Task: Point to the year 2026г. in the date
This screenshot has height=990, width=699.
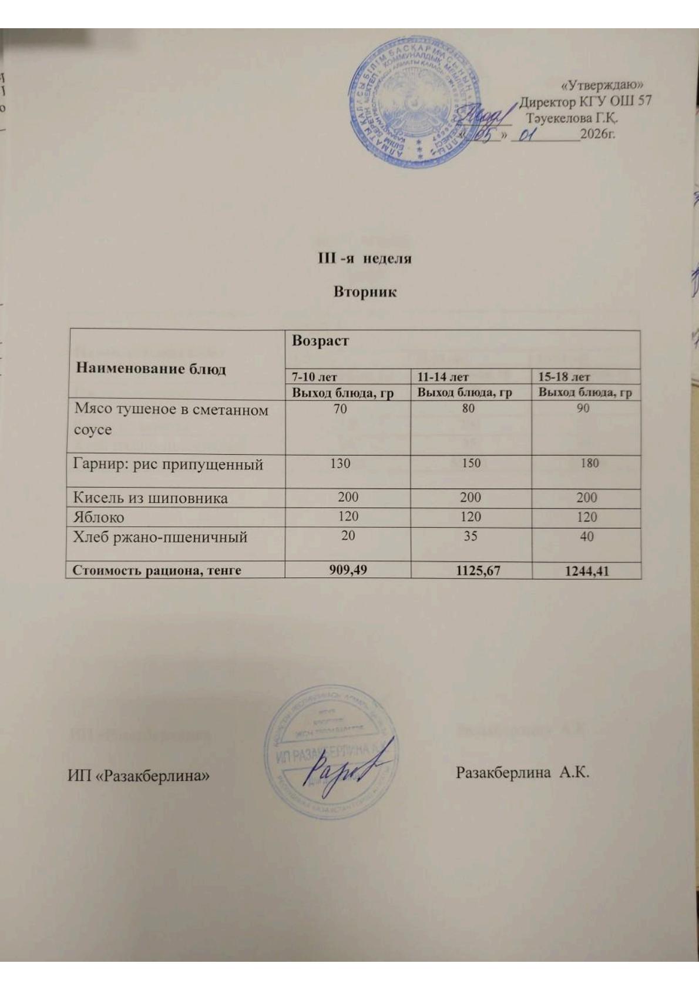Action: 597,135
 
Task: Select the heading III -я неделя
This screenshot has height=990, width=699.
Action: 364,258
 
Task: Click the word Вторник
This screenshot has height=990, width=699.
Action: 365,292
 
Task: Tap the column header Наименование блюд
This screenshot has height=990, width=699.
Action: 151,369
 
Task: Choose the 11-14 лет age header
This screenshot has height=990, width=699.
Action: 443,376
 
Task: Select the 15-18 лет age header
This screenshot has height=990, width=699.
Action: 564,376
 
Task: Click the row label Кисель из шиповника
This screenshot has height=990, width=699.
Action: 150,498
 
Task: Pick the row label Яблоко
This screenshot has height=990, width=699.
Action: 98,517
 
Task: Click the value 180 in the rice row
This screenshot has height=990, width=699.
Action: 589,463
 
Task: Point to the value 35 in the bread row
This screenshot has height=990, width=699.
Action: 470,536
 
